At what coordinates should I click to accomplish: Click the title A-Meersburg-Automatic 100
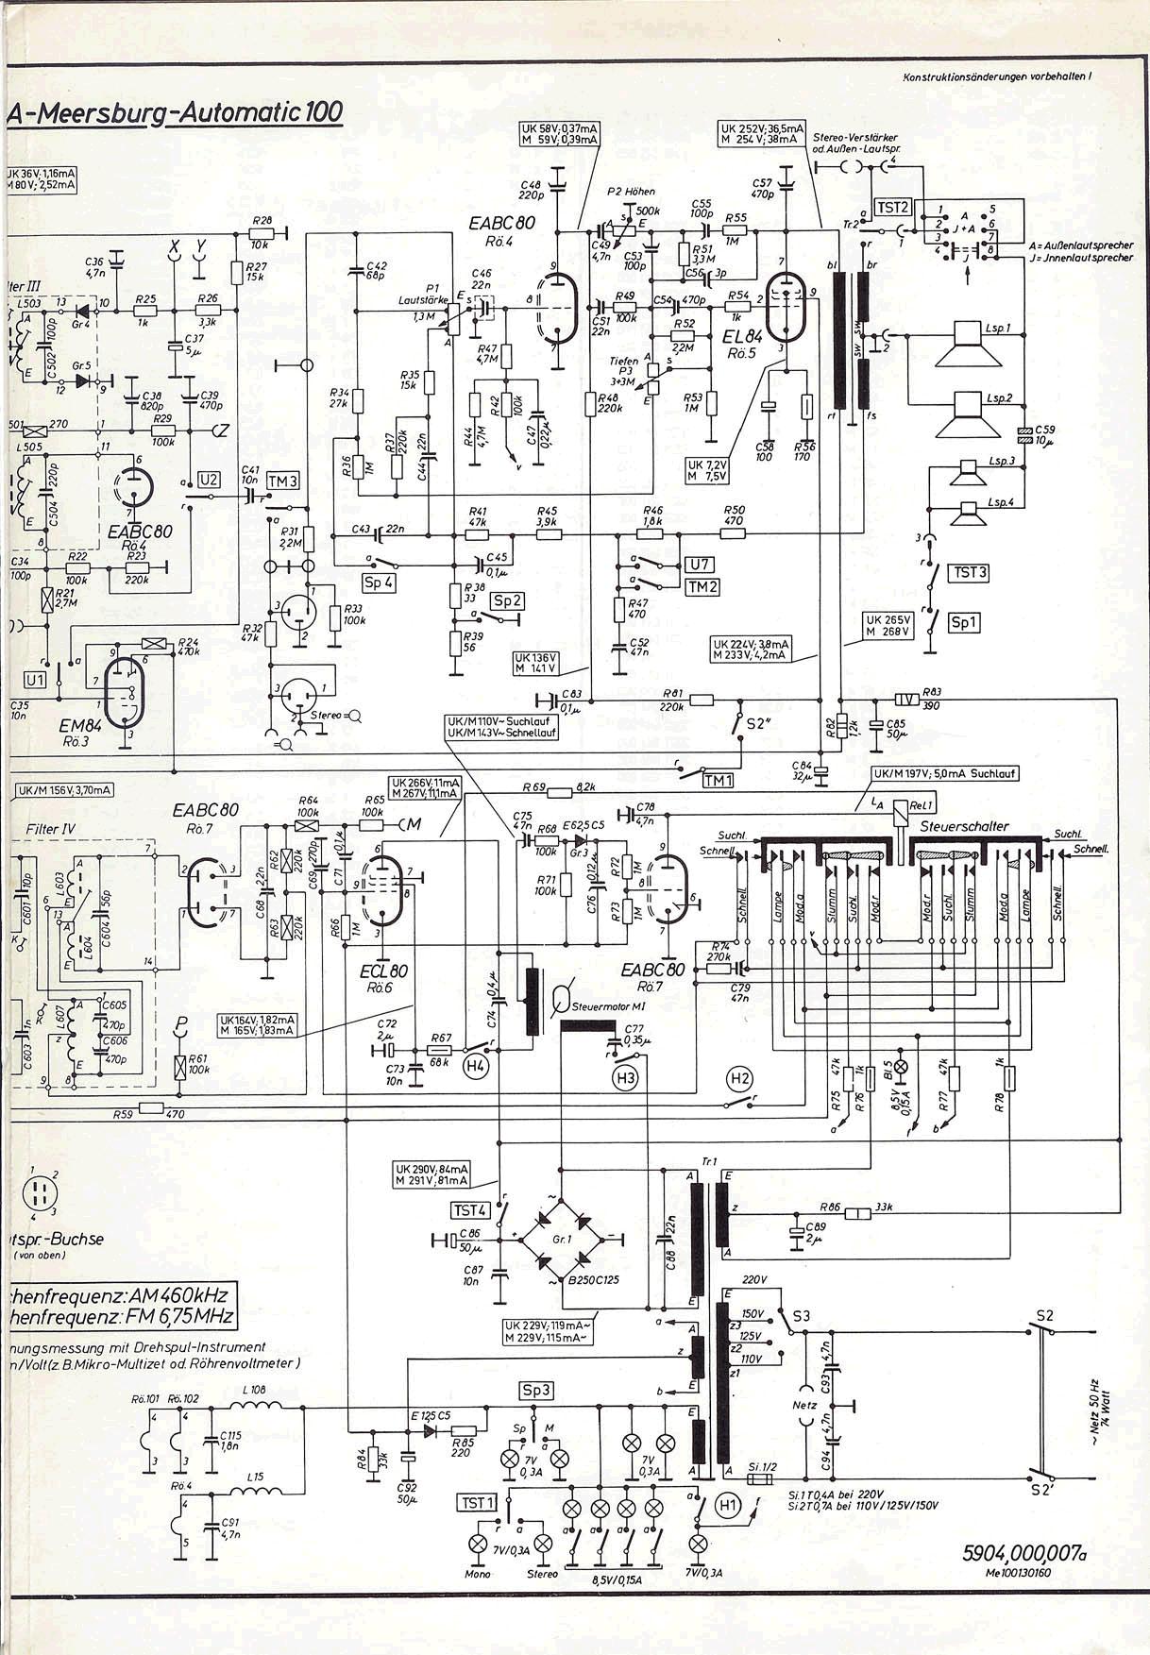coord(175,112)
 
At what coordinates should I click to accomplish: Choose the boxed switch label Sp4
coord(379,583)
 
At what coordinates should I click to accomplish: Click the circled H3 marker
coord(624,1076)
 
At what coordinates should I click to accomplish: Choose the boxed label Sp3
coord(535,1390)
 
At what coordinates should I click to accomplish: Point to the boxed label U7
coord(701,565)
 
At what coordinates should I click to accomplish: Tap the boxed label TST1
coord(476,1501)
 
